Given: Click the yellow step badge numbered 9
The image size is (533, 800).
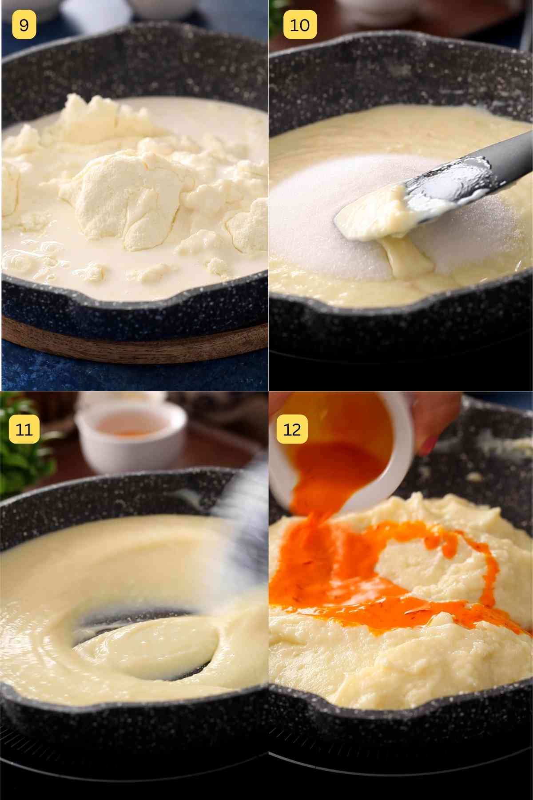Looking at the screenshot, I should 24,25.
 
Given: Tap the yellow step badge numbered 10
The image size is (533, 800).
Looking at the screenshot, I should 300,25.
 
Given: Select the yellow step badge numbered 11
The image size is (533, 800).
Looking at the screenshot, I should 24,429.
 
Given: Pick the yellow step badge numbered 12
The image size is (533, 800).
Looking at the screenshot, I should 292,429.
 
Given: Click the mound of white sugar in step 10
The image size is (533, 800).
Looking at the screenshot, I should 311,222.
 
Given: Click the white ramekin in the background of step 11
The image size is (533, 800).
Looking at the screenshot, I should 129,440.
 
